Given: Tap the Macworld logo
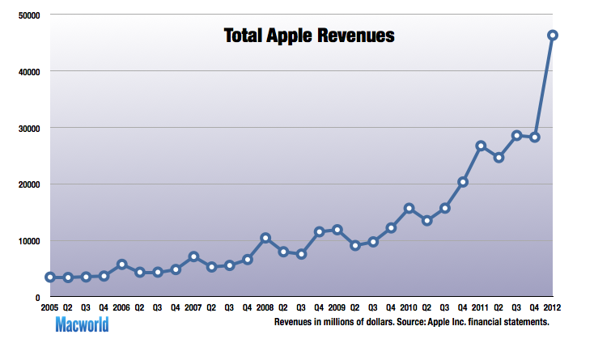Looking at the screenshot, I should click(82, 326).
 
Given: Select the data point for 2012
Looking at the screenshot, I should click(553, 35).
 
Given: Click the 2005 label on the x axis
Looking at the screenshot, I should click(49, 308).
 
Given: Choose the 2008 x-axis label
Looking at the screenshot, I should click(265, 308).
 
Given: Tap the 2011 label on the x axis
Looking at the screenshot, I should click(480, 308).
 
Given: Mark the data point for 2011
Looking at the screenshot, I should click(481, 146).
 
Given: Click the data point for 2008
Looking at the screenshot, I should click(265, 238).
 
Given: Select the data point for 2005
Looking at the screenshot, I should click(50, 277).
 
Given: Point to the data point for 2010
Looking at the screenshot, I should click(409, 208).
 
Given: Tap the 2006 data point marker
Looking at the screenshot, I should click(121, 265).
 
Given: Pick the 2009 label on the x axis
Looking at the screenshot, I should click(337, 308).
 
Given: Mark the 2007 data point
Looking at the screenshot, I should click(193, 256).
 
